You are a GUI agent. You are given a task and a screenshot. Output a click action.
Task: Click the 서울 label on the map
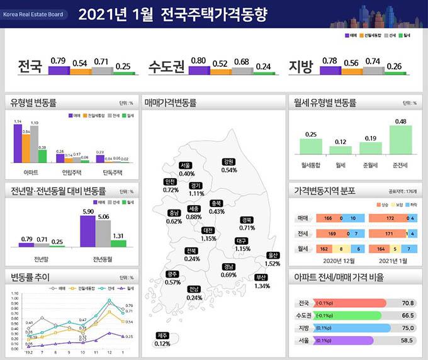coord(186,165)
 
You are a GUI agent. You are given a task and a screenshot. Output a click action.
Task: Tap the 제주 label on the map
coord(162,335)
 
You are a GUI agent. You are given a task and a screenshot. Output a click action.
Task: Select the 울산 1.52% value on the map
coord(273,264)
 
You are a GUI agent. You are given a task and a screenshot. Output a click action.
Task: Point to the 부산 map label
coord(261,277)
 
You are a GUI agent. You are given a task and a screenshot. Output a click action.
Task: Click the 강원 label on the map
coord(228,162)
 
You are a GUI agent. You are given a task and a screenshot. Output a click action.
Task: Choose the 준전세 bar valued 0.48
coord(400,140)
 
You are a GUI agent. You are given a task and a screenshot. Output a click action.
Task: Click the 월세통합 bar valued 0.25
coord(310,146)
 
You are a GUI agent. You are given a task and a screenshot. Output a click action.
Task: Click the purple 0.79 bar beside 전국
coord(59,69)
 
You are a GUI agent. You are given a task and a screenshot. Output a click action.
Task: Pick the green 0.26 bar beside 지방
coord(393,72)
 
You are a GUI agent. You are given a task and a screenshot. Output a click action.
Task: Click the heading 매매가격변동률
coord(170,102)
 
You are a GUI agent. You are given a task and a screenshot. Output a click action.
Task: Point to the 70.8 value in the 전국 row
coord(407,303)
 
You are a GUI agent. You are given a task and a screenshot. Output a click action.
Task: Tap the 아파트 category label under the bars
coord(30,171)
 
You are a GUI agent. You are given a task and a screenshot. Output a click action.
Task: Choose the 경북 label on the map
coord(247,220)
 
